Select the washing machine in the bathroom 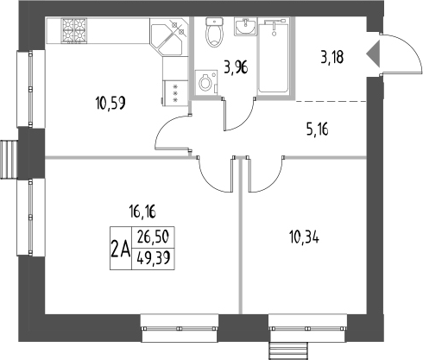[206, 84]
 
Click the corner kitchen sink [170, 38]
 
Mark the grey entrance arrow [373, 54]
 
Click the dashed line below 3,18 [338, 101]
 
